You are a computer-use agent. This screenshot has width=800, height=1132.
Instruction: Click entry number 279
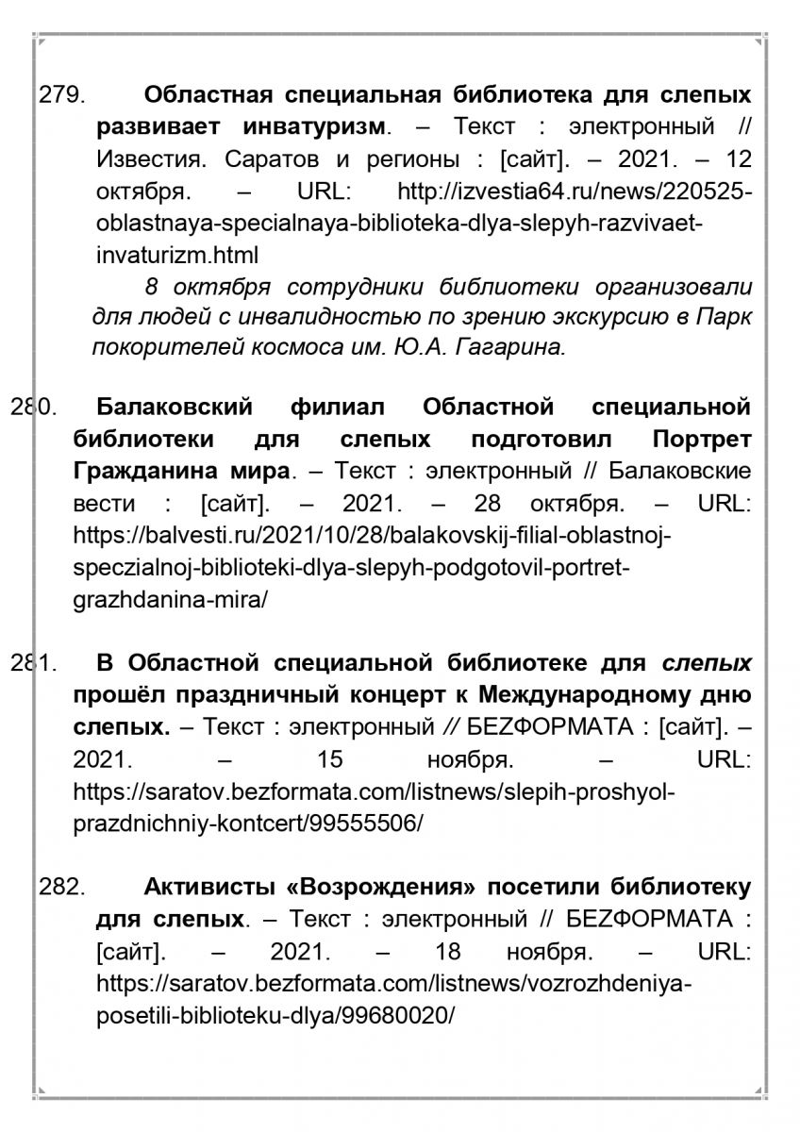(60, 96)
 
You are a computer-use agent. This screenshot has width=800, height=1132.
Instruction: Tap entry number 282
(60, 888)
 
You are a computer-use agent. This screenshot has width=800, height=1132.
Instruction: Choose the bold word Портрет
(702, 440)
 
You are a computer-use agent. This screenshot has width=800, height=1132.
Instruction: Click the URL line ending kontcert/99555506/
(247, 823)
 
